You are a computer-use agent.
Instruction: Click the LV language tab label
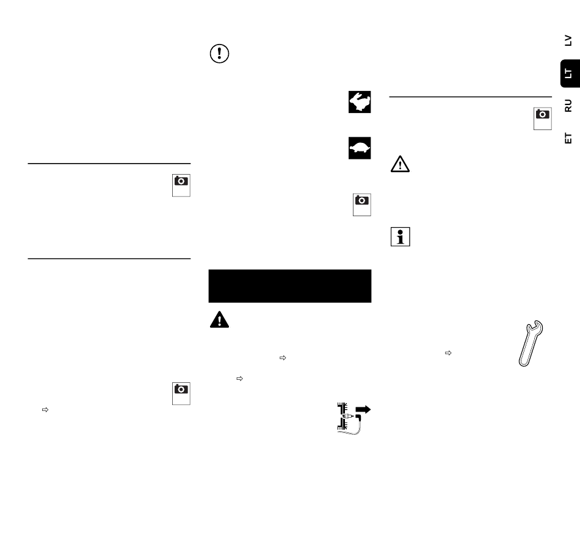pyautogui.click(x=568, y=40)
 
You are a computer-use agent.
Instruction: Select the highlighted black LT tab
pyautogui.click(x=570, y=73)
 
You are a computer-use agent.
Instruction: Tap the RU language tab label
pyautogui.click(x=568, y=106)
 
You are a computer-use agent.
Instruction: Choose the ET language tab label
pyautogui.click(x=568, y=138)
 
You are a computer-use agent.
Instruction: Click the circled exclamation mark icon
pyautogui.click(x=219, y=54)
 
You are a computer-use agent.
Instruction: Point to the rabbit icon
pyautogui.click(x=360, y=102)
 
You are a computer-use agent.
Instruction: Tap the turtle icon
pyautogui.click(x=360, y=148)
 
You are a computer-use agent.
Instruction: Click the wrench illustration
pyautogui.click(x=531, y=343)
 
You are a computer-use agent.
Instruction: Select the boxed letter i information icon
pyautogui.click(x=401, y=237)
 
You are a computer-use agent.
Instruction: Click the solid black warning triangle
pyautogui.click(x=219, y=320)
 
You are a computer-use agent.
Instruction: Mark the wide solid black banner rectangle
pyautogui.click(x=290, y=286)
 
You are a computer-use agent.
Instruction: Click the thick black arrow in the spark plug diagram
pyautogui.click(x=363, y=410)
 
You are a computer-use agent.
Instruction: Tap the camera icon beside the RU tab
pyautogui.click(x=543, y=118)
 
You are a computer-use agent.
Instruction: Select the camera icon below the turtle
pyautogui.click(x=362, y=205)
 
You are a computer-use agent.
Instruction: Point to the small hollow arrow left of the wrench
pyautogui.click(x=448, y=353)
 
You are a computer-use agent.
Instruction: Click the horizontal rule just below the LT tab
pyautogui.click(x=471, y=97)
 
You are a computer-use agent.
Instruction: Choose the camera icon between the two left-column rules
pyautogui.click(x=181, y=186)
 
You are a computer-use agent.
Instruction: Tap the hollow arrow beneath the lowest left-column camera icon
pyautogui.click(x=45, y=410)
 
